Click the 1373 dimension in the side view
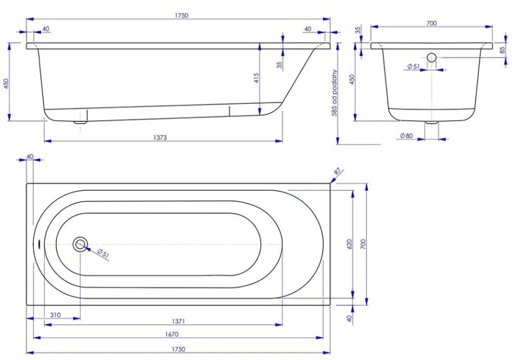[x=159, y=137]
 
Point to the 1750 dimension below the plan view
[x=178, y=349]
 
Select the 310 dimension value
[x=55, y=314]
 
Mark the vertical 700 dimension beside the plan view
[x=363, y=244]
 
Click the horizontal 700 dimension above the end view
[x=432, y=23]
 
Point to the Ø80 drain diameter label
[x=406, y=136]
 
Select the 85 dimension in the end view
[x=502, y=50]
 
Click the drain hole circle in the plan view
[x=80, y=244]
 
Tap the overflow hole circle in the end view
[x=432, y=58]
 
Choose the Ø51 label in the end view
[x=412, y=67]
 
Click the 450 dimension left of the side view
[x=7, y=83]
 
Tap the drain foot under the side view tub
[x=80, y=122]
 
